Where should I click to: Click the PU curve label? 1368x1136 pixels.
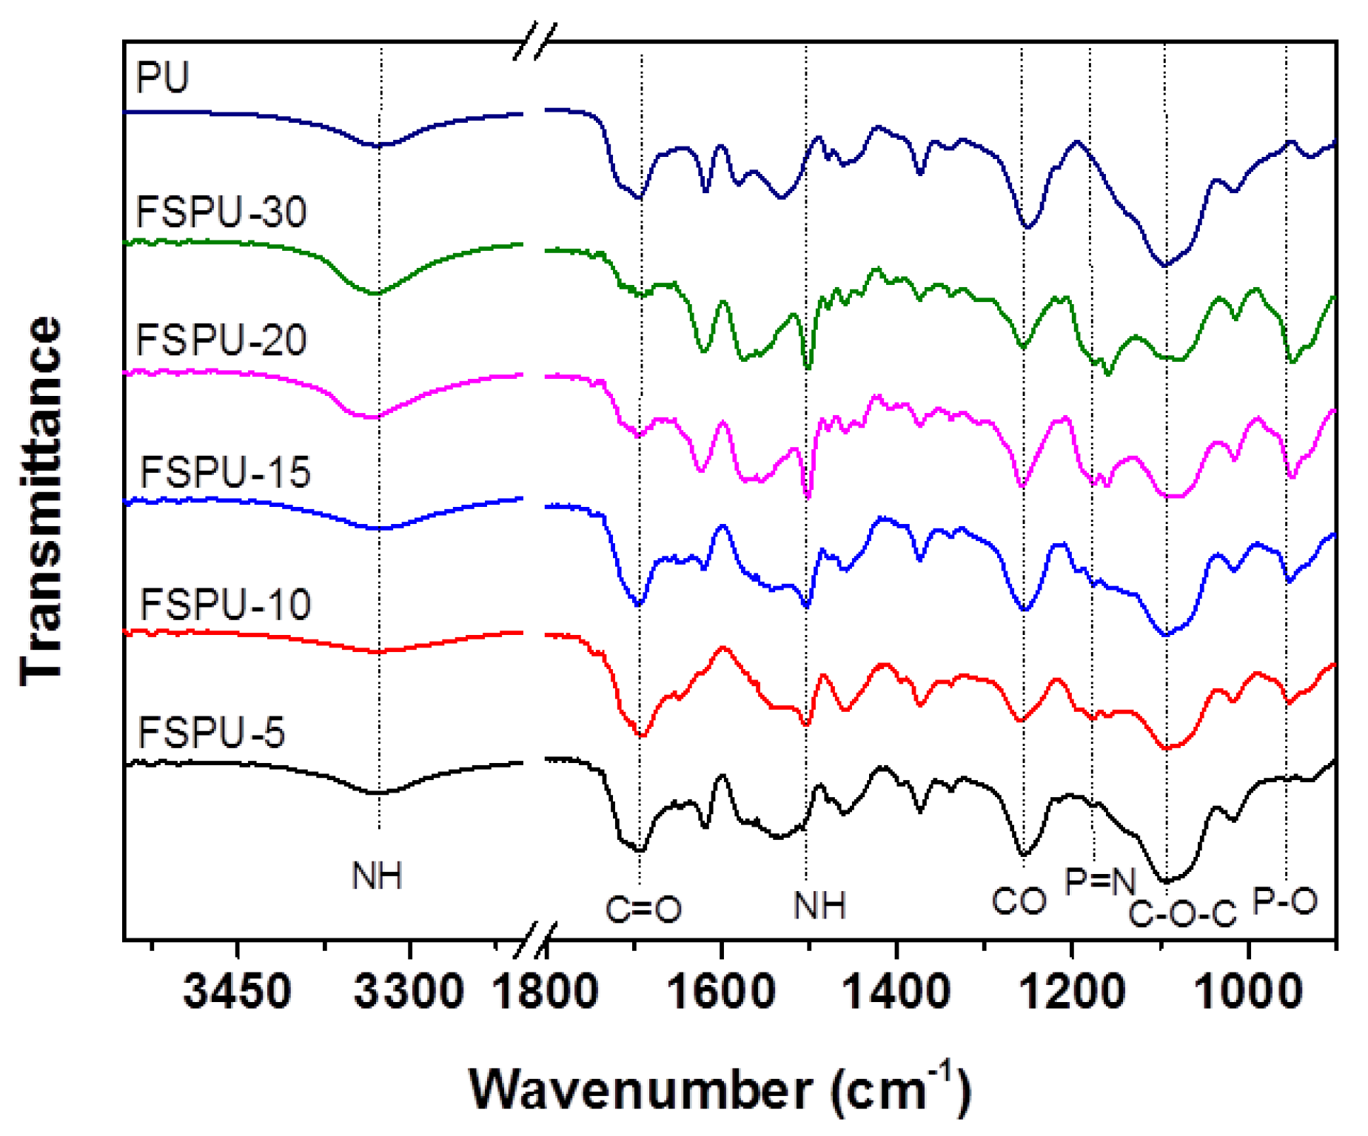tap(163, 78)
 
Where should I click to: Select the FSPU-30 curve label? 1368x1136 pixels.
tap(221, 212)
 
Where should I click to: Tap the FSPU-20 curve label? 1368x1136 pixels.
tap(221, 340)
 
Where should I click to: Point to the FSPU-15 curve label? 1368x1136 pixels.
tap(225, 472)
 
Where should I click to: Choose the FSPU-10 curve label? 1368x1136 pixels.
tap(225, 604)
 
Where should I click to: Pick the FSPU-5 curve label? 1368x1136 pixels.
tap(212, 733)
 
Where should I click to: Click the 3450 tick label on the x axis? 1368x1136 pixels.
tap(237, 992)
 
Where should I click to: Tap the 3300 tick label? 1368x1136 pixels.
tap(409, 992)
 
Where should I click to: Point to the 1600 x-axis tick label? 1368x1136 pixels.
tap(722, 992)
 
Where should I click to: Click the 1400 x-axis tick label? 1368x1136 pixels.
tap(896, 992)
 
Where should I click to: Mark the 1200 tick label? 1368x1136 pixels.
tap(1071, 992)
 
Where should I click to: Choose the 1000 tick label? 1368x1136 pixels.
tap(1249, 992)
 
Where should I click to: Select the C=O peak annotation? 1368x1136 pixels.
tap(643, 910)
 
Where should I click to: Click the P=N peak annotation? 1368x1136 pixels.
tap(1100, 881)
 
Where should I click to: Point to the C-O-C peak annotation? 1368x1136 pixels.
tap(1182, 915)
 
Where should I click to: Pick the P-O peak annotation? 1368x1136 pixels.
tap(1285, 901)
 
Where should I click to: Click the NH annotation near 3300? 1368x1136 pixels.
tap(378, 876)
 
